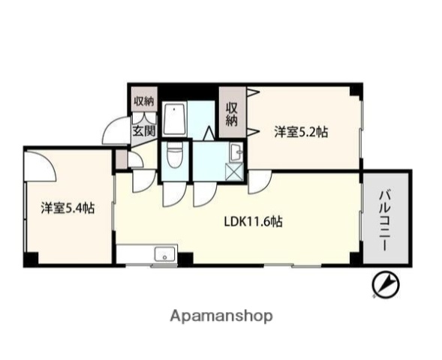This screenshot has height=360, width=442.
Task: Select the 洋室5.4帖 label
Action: (68, 208)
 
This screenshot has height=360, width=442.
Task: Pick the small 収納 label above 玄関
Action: (144, 101)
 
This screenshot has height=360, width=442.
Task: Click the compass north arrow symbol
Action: (386, 285)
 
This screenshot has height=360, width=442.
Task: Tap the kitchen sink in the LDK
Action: (164, 255)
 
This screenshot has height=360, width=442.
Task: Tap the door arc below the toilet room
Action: (172, 193)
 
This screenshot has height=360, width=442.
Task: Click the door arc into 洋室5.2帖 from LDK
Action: (259, 180)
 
